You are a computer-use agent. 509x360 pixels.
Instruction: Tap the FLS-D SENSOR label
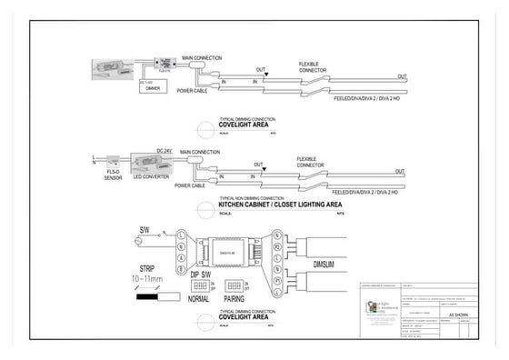[x=114, y=173]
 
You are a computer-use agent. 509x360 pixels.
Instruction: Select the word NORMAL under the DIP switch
[x=199, y=298]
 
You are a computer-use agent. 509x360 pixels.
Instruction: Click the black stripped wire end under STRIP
[x=145, y=296]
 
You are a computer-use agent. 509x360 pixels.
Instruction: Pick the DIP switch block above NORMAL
[x=197, y=285]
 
